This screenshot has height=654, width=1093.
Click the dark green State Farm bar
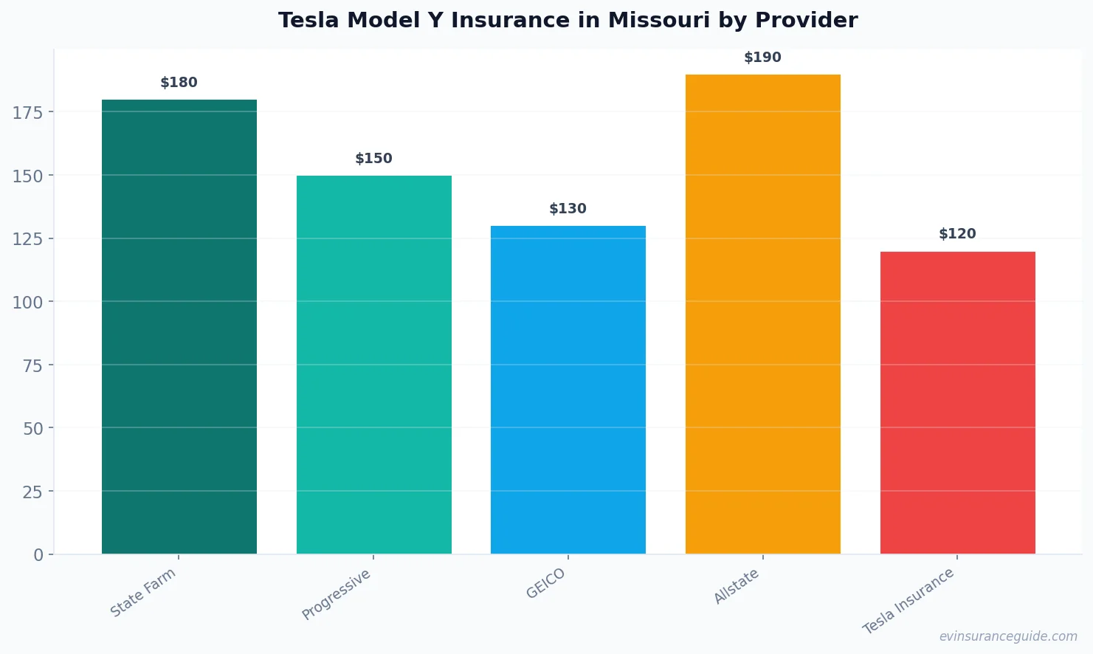[179, 326]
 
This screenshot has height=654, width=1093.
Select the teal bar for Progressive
[373, 365]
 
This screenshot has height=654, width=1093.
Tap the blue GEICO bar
[568, 390]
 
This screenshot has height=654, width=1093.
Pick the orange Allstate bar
[762, 314]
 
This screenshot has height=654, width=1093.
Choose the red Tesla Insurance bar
[957, 402]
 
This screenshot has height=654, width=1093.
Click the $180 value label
[179, 83]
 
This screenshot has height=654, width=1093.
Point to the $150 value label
[373, 159]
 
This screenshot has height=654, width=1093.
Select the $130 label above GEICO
[568, 209]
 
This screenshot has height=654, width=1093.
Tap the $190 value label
[762, 58]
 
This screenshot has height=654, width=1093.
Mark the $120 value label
[957, 234]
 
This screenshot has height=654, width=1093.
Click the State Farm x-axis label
[143, 593]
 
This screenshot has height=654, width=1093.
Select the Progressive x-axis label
[337, 595]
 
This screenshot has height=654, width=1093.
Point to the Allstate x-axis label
[737, 587]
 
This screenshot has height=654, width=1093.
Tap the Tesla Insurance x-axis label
[908, 602]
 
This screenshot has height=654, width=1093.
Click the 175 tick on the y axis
[28, 112]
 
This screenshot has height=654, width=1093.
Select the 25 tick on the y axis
[32, 492]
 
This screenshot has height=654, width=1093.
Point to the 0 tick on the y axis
[38, 555]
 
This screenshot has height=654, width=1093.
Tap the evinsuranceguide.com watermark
[1008, 636]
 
